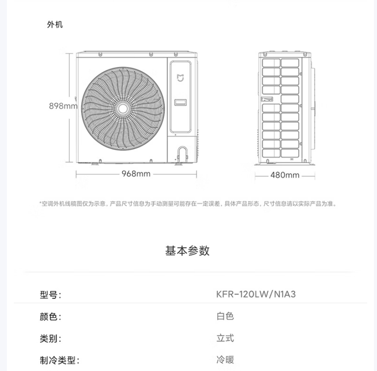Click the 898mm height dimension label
point(63,106)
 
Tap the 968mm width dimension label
point(136,174)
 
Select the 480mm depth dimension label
point(285,175)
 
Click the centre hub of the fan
point(123,109)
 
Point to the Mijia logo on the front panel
point(181,78)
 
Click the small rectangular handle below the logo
point(181,102)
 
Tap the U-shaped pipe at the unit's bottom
point(183,154)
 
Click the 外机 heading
point(55,25)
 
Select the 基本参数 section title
point(187,251)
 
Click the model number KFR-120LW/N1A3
point(256,294)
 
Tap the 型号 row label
point(50,295)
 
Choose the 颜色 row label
point(50,317)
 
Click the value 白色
point(225,316)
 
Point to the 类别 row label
point(50,339)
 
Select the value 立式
point(225,338)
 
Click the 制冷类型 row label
point(60,361)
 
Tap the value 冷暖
point(225,360)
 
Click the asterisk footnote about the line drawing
point(188,204)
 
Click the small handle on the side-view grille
point(267,99)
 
